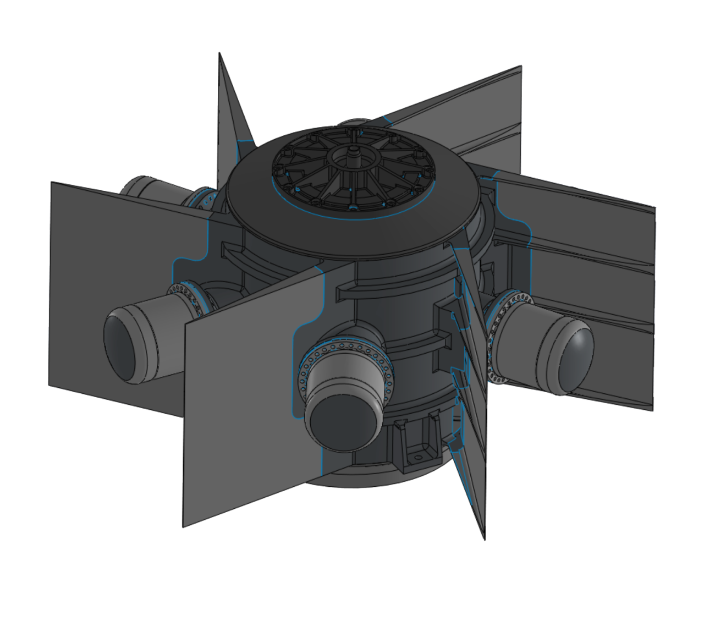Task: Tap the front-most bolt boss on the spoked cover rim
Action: (x=353, y=207)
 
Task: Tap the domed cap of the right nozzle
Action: (x=575, y=358)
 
